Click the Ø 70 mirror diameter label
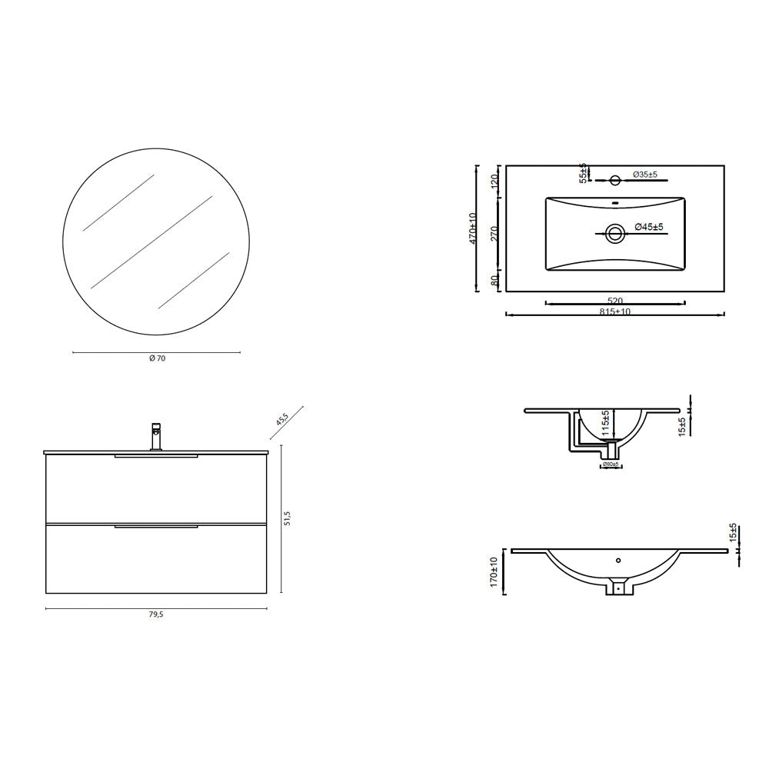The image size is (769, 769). [156, 359]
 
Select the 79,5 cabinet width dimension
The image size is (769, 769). [156, 614]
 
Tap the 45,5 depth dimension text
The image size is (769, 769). [281, 420]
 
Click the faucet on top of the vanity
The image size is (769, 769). [156, 436]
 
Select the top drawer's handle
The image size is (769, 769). [156, 456]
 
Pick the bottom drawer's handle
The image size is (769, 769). [156, 527]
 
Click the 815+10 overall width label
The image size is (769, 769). [615, 311]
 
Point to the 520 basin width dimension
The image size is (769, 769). [615, 300]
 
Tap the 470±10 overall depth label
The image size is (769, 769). [474, 228]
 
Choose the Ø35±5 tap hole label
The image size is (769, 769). [644, 175]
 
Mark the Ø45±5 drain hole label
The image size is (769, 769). [648, 227]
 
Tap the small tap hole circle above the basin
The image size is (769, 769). [614, 181]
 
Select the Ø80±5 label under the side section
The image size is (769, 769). [611, 464]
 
